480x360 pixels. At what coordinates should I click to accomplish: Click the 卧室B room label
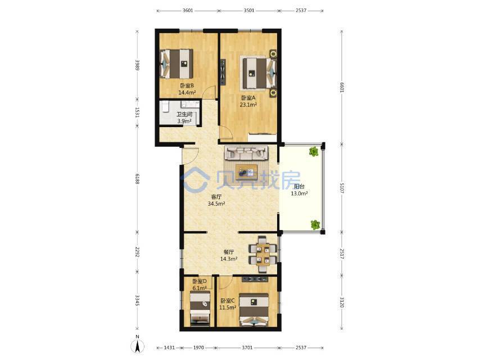click(x=187, y=86)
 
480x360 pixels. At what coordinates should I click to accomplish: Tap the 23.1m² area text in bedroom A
click(x=248, y=105)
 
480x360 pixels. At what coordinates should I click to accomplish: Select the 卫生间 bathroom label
click(x=184, y=114)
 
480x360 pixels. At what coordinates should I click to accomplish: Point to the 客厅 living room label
click(x=216, y=197)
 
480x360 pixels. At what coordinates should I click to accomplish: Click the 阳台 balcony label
click(x=299, y=187)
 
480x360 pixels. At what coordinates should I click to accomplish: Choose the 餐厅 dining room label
click(x=229, y=252)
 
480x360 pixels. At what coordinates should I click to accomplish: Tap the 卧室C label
click(x=228, y=300)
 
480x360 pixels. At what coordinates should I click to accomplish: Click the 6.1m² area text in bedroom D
click(x=200, y=288)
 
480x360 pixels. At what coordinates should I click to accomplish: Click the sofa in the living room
click(x=246, y=153)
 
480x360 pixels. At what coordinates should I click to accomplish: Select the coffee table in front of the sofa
click(x=246, y=171)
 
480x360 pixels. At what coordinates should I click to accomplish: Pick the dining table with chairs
click(x=263, y=254)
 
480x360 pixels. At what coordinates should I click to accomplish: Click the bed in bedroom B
click(x=176, y=64)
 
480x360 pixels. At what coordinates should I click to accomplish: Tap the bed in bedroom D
click(x=200, y=308)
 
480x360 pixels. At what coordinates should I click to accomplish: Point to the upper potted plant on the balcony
click(x=314, y=151)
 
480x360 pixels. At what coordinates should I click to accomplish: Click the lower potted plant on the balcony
click(x=316, y=224)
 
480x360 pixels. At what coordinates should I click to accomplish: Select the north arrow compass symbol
click(x=138, y=345)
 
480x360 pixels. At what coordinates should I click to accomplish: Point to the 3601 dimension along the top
click(x=188, y=11)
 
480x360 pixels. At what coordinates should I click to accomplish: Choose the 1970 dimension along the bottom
click(x=198, y=348)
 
